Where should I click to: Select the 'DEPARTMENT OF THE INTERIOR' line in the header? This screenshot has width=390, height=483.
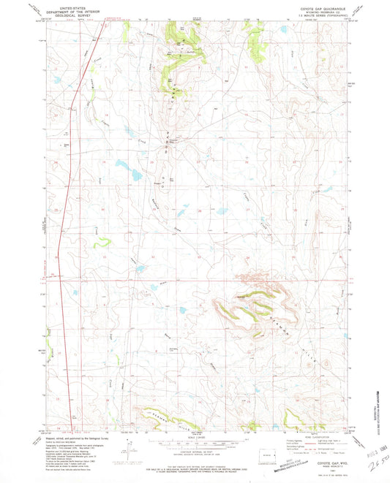[72, 10]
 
